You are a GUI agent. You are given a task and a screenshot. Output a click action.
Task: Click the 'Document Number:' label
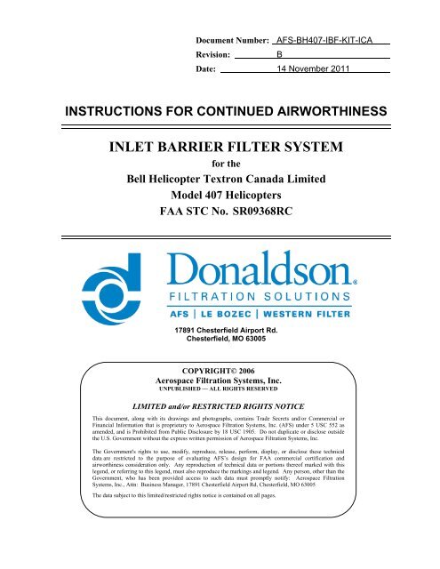pyautogui.click(x=233, y=41)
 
